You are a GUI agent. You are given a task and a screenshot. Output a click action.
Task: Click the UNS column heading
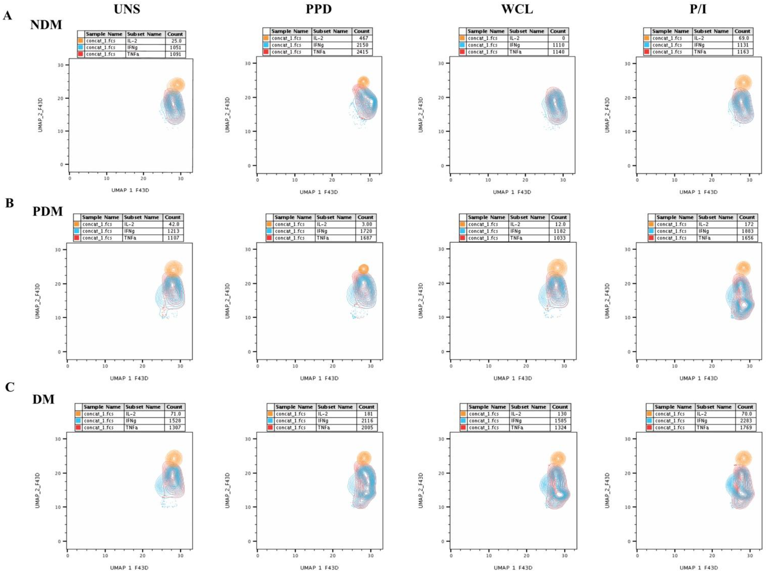[127, 9]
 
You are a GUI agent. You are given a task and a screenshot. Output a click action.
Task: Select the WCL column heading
[517, 9]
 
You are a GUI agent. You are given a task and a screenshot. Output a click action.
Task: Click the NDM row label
[46, 25]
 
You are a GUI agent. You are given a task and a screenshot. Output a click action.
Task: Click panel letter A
[8, 16]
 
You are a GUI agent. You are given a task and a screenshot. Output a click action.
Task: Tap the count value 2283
[745, 421]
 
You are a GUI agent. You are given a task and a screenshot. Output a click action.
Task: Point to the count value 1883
[747, 231]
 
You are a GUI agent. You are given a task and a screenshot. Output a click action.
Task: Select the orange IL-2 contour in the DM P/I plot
[743, 458]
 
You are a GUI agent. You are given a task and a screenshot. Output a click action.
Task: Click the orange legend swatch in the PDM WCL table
[462, 224]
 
